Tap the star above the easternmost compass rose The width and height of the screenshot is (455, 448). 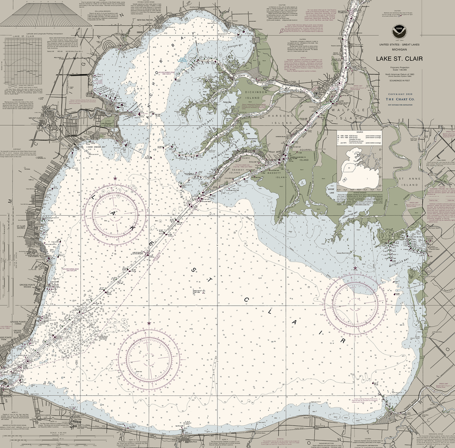(x=355, y=268)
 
